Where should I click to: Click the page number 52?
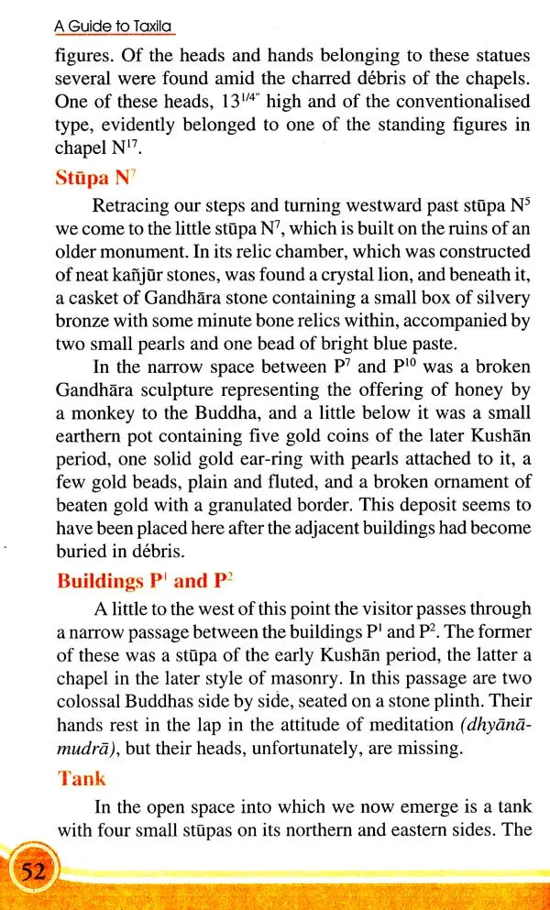[x=34, y=871]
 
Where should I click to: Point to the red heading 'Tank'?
[x=82, y=778]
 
